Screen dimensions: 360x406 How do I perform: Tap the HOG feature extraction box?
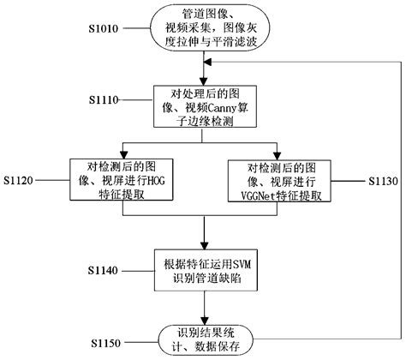click(114, 182)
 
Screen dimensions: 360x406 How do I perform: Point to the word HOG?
click(139, 182)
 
